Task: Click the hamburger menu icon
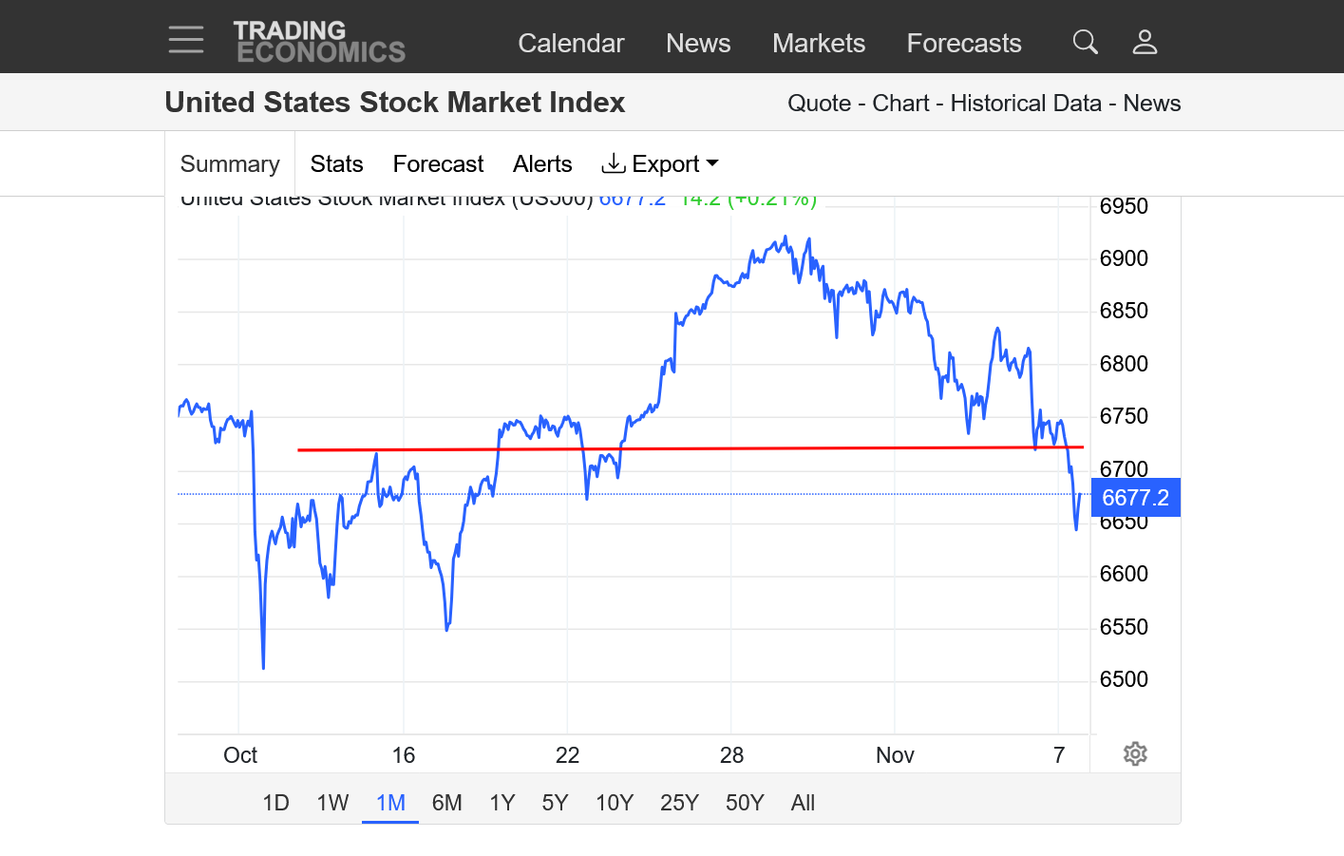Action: pos(186,40)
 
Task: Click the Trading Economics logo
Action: pos(319,42)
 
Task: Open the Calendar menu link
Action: pos(571,43)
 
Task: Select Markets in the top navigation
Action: pos(819,43)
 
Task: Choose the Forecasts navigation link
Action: pos(964,43)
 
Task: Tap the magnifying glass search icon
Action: pos(1086,42)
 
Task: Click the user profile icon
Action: pos(1145,42)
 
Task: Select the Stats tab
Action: pos(336,164)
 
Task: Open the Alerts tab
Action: pos(542,164)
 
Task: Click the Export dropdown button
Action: pos(661,164)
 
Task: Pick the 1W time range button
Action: pos(332,803)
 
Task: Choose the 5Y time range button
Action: pos(555,803)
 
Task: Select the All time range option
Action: pos(803,803)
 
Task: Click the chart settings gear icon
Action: pos(1135,754)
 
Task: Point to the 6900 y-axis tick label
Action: pos(1124,258)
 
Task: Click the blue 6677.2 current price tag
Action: pos(1135,498)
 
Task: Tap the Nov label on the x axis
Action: pos(895,755)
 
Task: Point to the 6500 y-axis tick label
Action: pos(1124,679)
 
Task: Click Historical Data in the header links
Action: pos(1026,104)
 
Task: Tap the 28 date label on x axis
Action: pos(731,755)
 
